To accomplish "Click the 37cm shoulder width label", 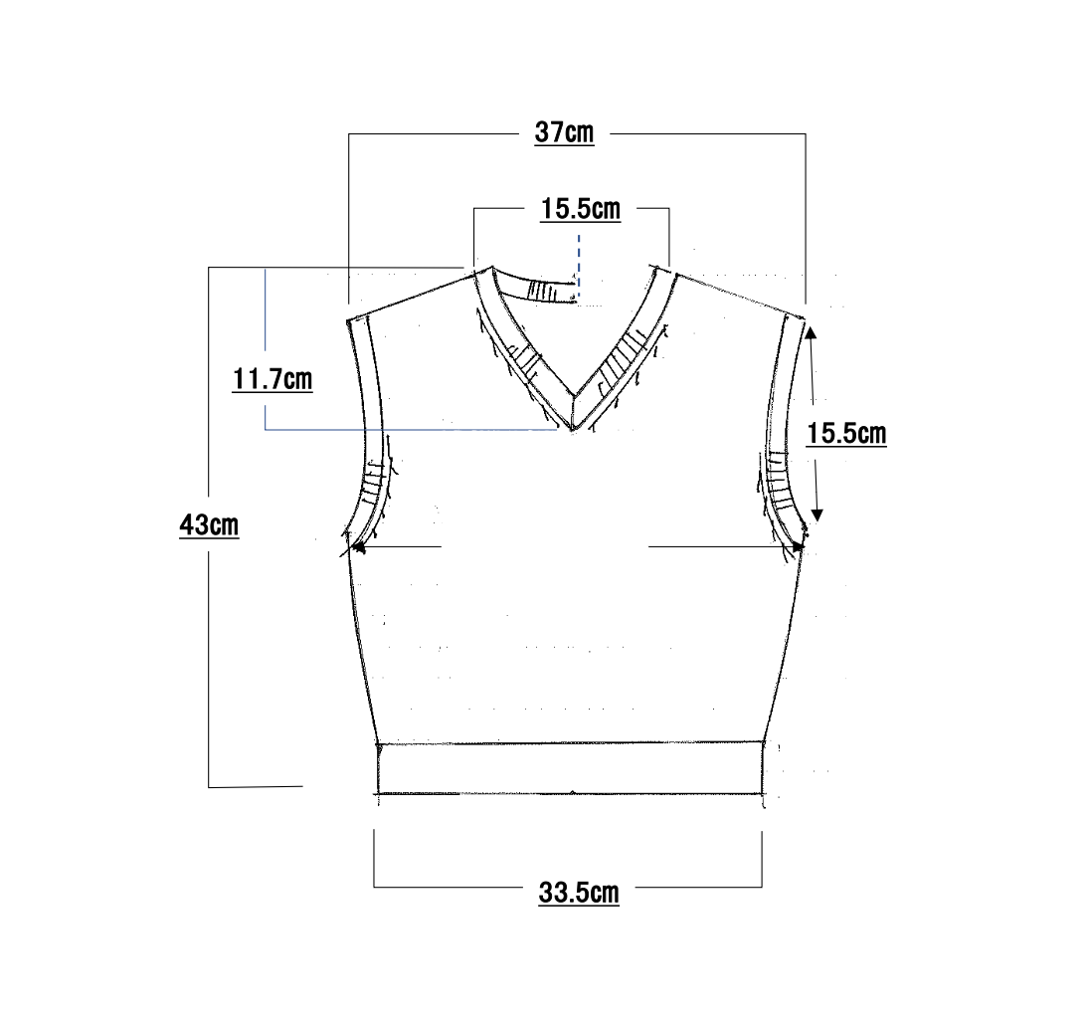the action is (565, 131).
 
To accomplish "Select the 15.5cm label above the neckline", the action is (581, 209).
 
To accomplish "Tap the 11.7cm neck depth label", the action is (272, 380).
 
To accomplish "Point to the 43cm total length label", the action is (209, 525).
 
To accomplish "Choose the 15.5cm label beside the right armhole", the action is (846, 433).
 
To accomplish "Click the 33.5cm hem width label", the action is (579, 893).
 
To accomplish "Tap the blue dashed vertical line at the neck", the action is (579, 268).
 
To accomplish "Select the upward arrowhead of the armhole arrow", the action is (811, 333).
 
